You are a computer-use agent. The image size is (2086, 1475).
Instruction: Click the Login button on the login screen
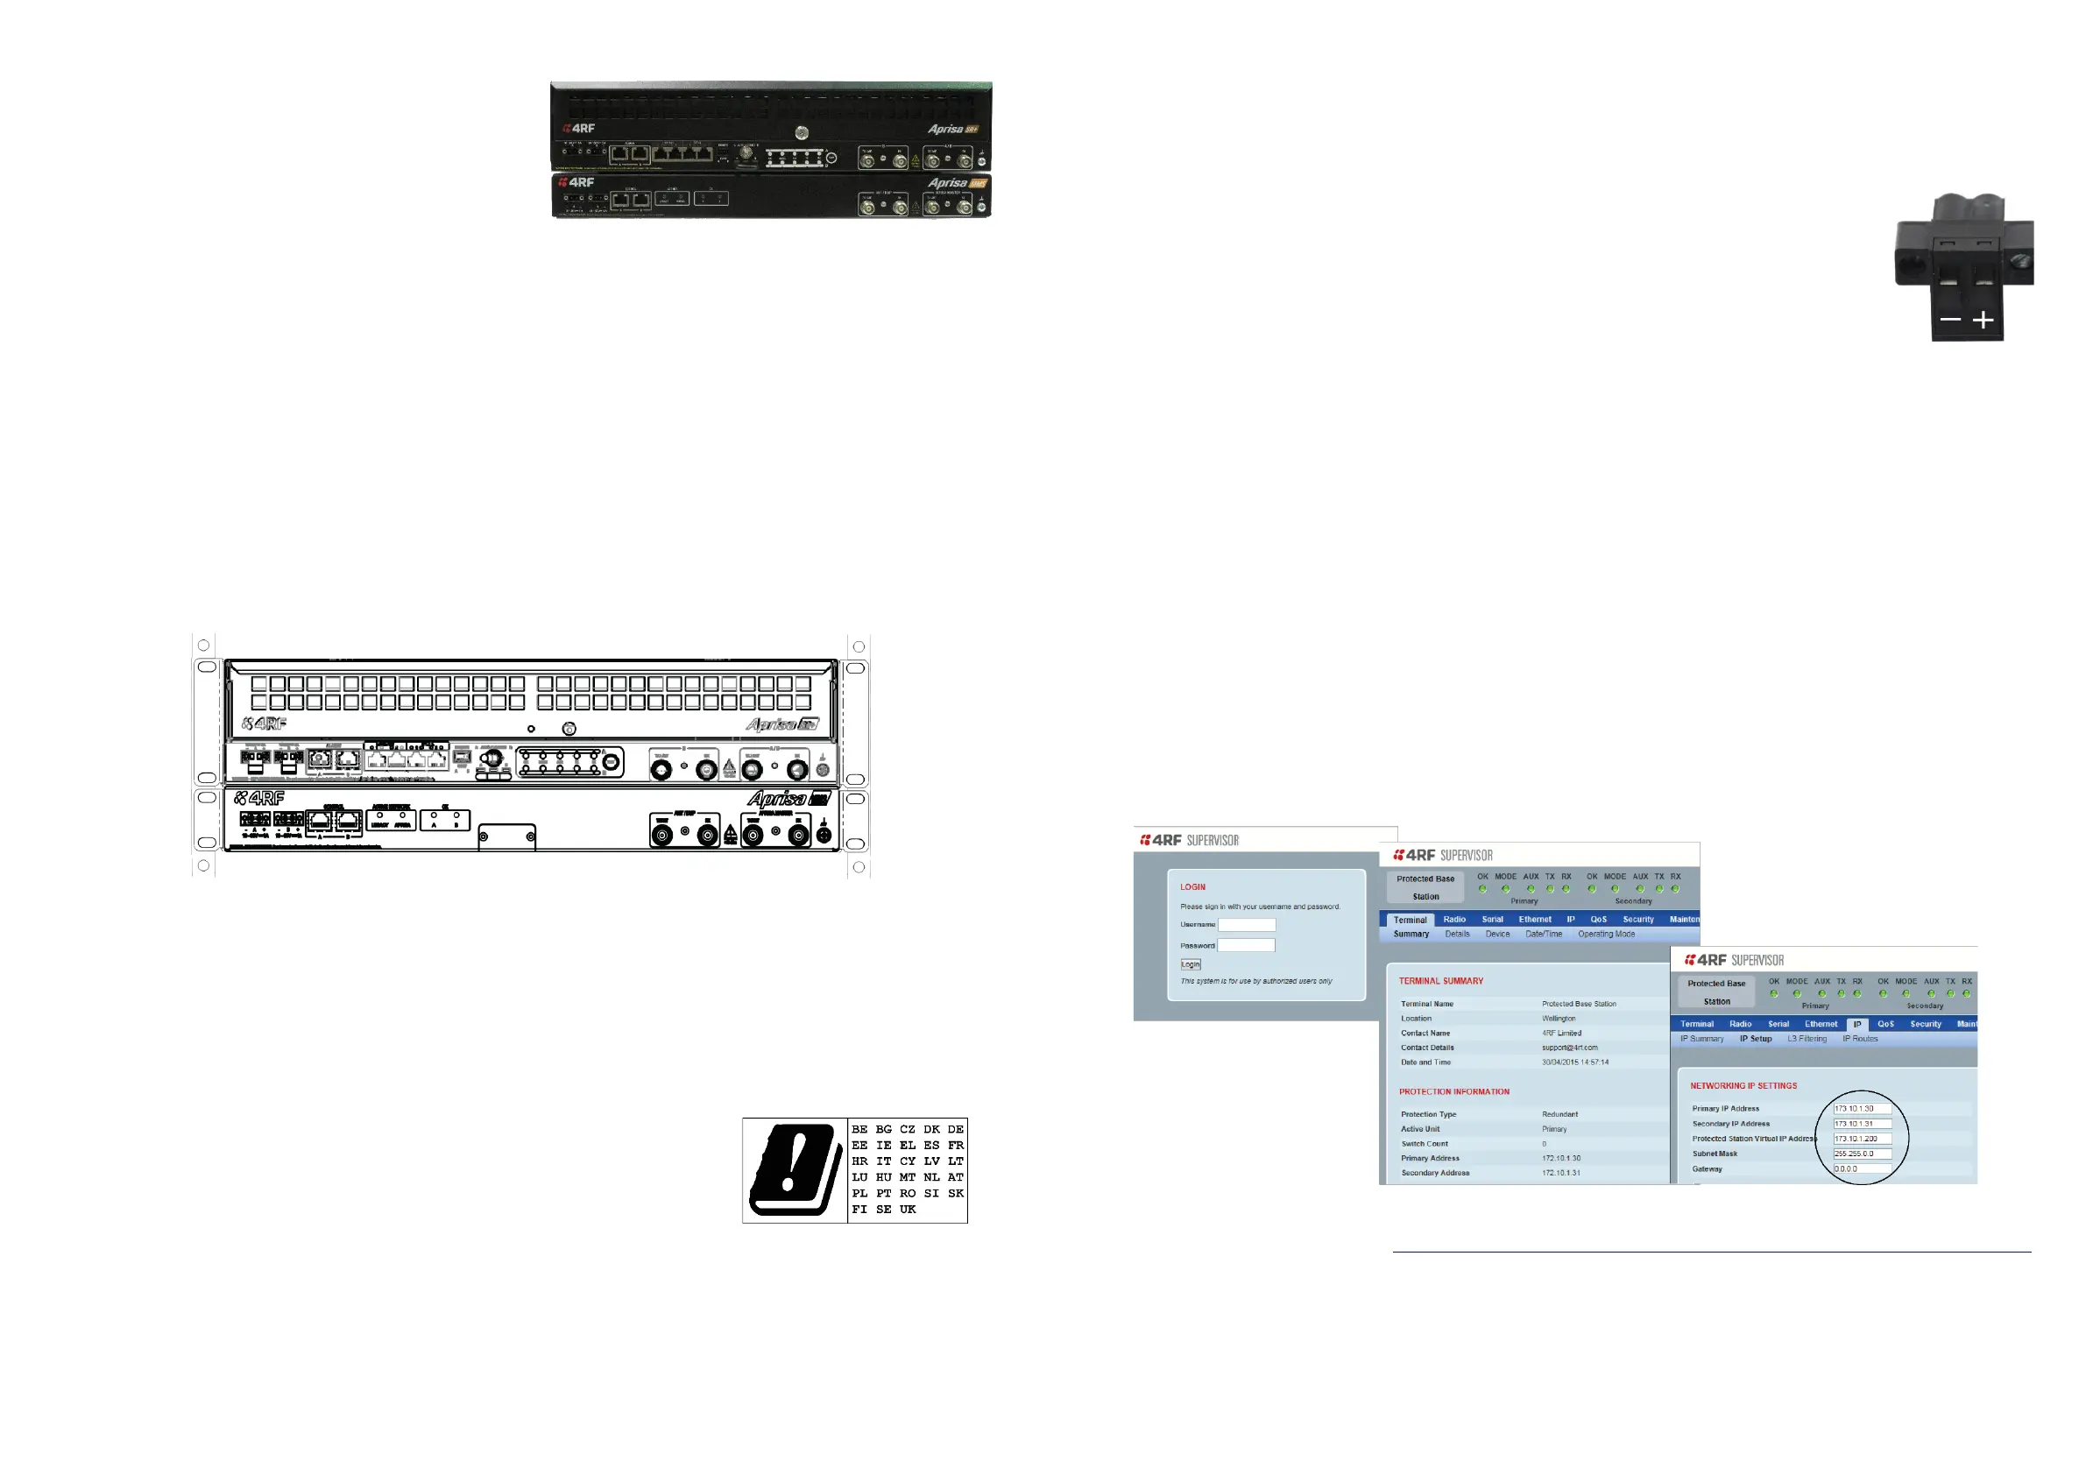pos(1190,964)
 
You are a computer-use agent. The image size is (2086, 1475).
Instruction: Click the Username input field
pos(1247,925)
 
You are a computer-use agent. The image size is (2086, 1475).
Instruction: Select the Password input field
pos(1246,945)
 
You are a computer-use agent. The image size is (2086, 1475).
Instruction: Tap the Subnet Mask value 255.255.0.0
pos(1862,1154)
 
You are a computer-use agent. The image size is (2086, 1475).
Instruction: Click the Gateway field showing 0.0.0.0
pos(1862,1169)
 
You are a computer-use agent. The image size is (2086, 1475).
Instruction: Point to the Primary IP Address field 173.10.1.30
pos(1862,1109)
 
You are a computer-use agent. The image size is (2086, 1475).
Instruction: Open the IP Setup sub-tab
pos(1756,1039)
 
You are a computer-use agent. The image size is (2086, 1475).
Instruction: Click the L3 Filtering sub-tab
pos(1807,1039)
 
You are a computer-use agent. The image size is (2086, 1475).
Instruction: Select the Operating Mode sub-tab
pos(1606,934)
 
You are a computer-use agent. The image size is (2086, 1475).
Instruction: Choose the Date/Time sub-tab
pos(1544,934)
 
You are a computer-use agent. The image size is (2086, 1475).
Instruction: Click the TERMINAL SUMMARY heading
pos(1441,981)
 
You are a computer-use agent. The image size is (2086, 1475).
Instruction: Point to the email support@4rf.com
pos(1569,1048)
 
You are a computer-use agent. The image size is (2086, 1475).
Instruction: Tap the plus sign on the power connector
pos(1983,320)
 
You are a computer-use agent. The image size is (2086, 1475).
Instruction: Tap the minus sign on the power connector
pos(1949,320)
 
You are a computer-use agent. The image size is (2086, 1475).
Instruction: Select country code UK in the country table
pos(908,1210)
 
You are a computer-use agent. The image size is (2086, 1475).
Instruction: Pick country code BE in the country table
pos(859,1130)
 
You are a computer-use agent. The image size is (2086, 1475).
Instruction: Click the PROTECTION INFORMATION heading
pos(1453,1091)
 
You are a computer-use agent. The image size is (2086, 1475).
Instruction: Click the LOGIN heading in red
pos(1193,887)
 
